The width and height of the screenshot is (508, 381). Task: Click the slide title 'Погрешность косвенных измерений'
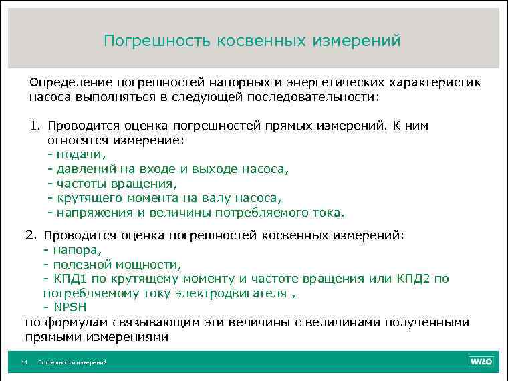252,41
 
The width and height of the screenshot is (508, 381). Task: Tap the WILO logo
481,362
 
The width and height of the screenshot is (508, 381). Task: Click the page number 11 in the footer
24,362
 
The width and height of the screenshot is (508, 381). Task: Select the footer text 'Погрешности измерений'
72,362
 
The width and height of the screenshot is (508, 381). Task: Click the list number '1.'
35,126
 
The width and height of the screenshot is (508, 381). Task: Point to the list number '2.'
33,235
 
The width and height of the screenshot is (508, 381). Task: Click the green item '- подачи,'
77,154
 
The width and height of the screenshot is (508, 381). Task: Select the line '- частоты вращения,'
112,183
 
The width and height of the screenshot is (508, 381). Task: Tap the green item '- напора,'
72,250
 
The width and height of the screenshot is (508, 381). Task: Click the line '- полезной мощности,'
112,265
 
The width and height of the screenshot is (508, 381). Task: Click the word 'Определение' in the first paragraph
71,82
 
